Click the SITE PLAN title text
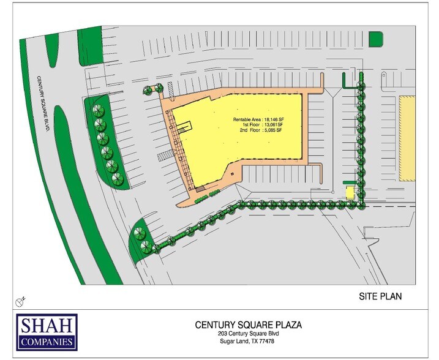pos(383,296)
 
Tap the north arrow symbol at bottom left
pos(21,301)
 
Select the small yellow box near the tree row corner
pos(349,192)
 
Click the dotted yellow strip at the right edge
pos(407,138)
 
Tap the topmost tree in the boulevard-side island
pos(96,111)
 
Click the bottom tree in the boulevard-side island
pos(116,178)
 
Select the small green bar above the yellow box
pos(349,182)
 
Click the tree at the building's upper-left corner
pos(149,91)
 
